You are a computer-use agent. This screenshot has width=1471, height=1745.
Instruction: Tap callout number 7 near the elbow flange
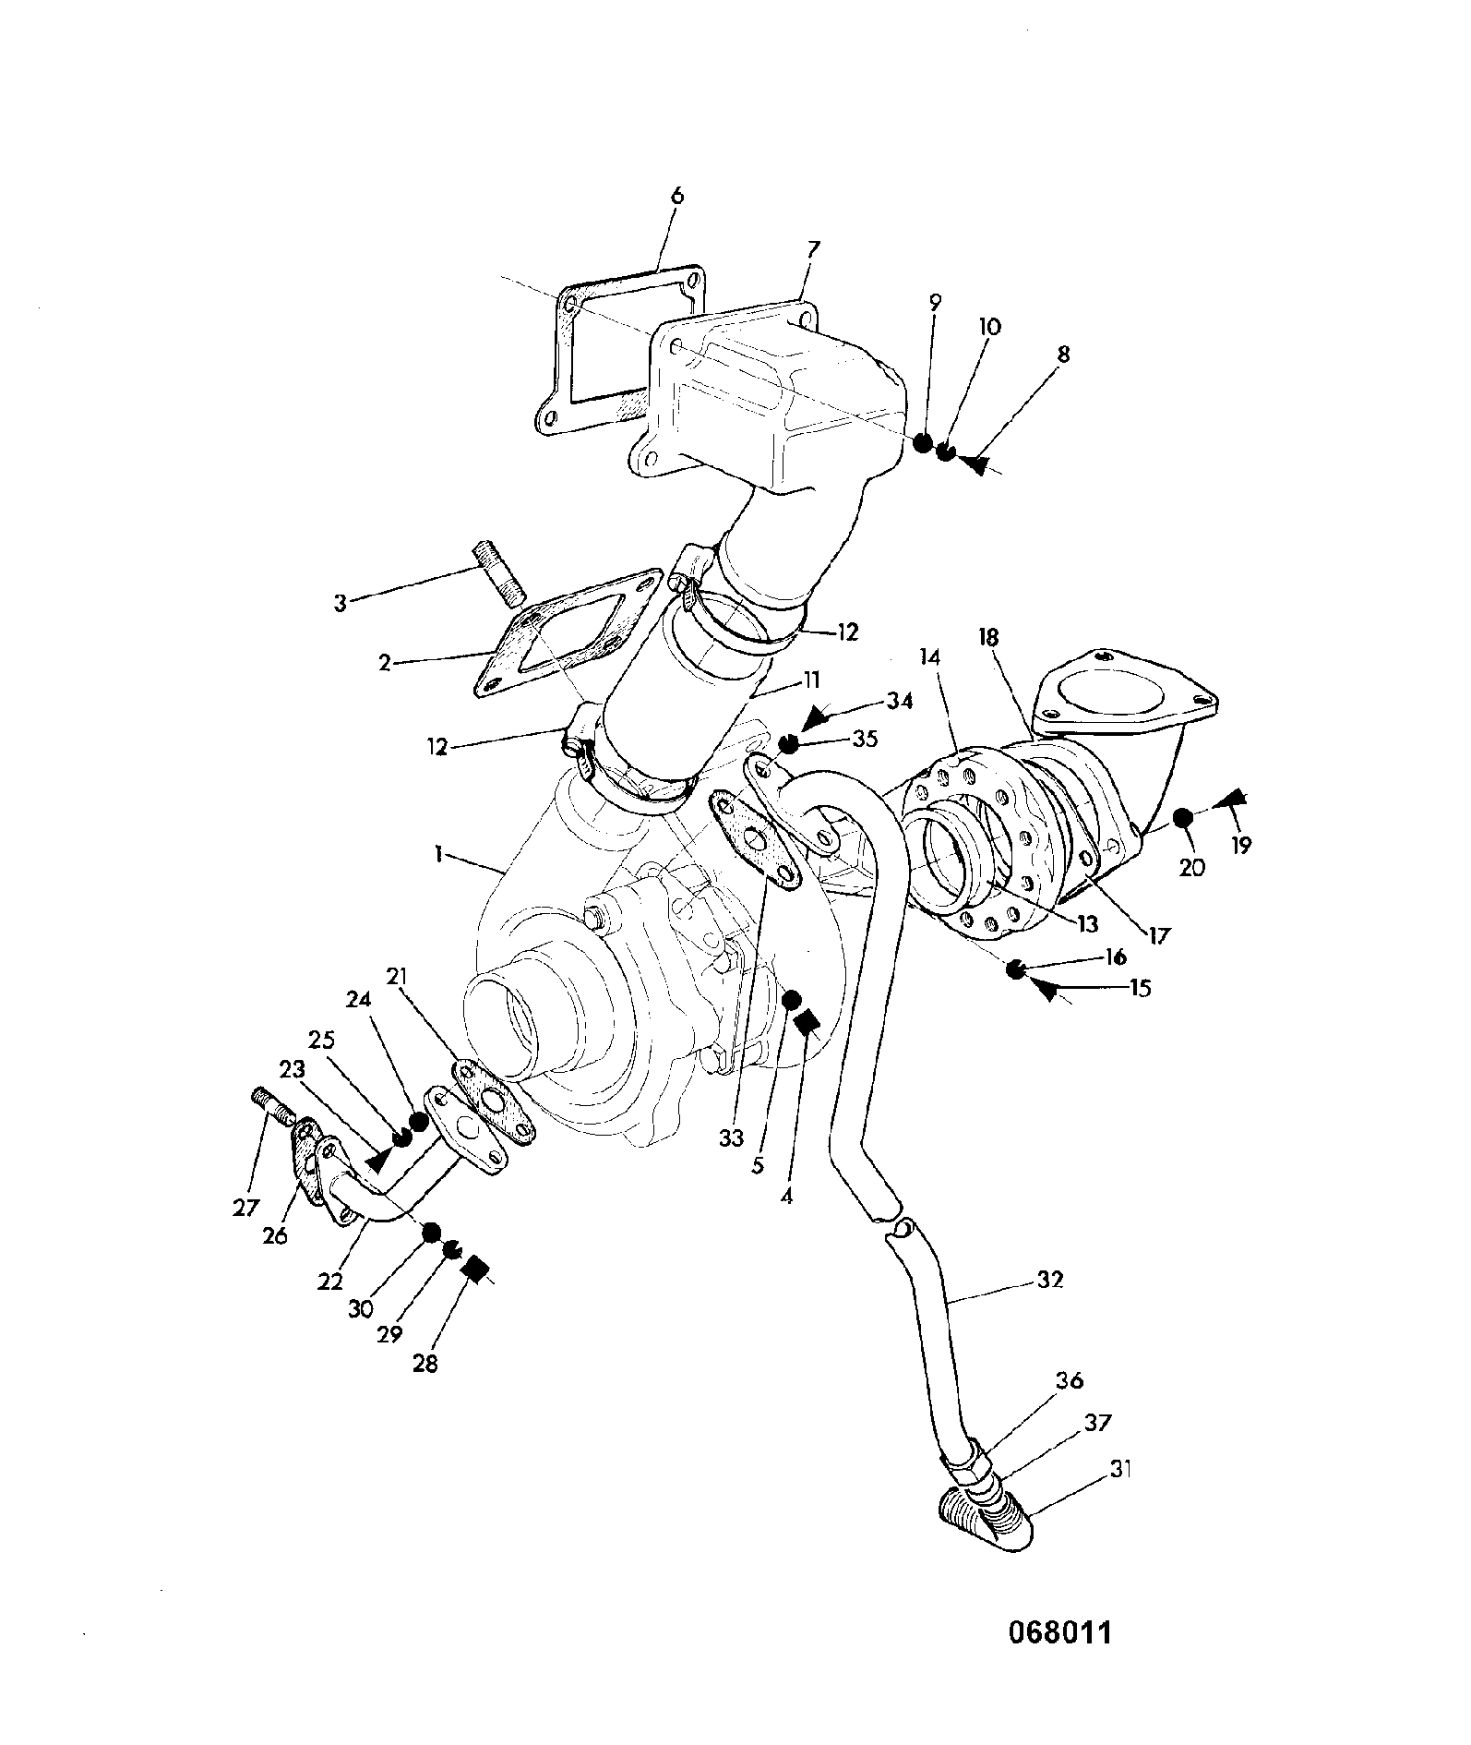814,249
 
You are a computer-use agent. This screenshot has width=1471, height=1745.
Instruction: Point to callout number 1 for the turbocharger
439,856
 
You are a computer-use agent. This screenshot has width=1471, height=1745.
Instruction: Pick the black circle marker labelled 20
1184,817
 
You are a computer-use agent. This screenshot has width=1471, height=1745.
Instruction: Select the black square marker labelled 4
807,1022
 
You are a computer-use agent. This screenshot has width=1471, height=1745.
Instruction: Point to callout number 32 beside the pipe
1050,1280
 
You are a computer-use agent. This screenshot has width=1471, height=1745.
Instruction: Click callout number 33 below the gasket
731,1138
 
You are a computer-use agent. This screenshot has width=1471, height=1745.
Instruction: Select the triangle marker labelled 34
816,717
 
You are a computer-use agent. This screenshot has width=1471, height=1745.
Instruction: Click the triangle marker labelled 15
1046,990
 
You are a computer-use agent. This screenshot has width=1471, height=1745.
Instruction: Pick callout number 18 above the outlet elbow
988,636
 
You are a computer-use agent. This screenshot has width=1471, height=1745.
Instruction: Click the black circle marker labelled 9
922,443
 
